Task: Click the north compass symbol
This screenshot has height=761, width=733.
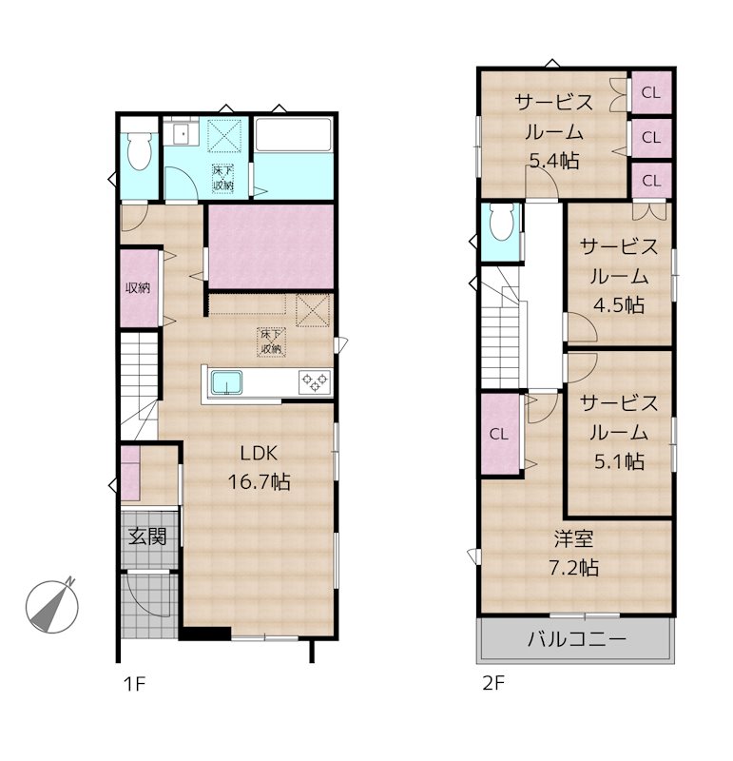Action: point(52,606)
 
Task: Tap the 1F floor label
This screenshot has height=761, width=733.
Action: point(134,684)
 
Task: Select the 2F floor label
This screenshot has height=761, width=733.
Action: point(493,683)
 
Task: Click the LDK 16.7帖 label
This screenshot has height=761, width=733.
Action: point(259,467)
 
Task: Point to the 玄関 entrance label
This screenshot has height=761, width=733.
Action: point(147,537)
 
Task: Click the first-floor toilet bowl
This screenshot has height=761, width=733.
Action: point(140,151)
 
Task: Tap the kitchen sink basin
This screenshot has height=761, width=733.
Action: point(226,382)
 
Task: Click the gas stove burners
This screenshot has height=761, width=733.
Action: point(315,381)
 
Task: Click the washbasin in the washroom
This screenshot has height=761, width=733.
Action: point(182,131)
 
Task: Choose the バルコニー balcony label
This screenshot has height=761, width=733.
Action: point(577,638)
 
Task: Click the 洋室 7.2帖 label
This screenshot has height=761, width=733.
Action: point(574,553)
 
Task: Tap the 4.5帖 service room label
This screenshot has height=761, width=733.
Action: point(619,276)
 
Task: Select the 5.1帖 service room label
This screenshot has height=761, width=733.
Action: point(619,432)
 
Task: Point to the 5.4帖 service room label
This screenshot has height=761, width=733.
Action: point(554,131)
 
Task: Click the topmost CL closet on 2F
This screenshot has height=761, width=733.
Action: point(651,92)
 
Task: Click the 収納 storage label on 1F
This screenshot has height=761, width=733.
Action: point(138,288)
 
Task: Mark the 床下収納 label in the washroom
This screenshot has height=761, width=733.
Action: point(222,178)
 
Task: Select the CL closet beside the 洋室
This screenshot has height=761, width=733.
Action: point(499,434)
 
